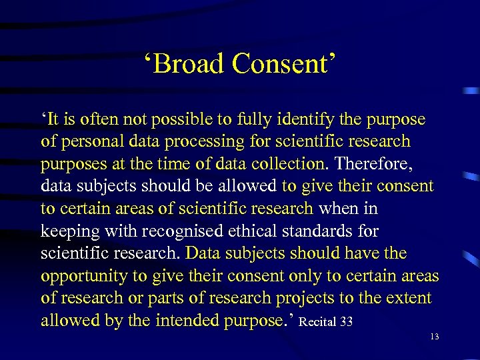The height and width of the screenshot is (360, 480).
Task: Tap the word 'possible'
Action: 179,119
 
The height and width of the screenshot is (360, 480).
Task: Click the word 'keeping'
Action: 67,231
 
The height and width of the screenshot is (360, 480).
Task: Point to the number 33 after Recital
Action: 346,323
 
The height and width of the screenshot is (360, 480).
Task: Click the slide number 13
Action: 435,337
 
